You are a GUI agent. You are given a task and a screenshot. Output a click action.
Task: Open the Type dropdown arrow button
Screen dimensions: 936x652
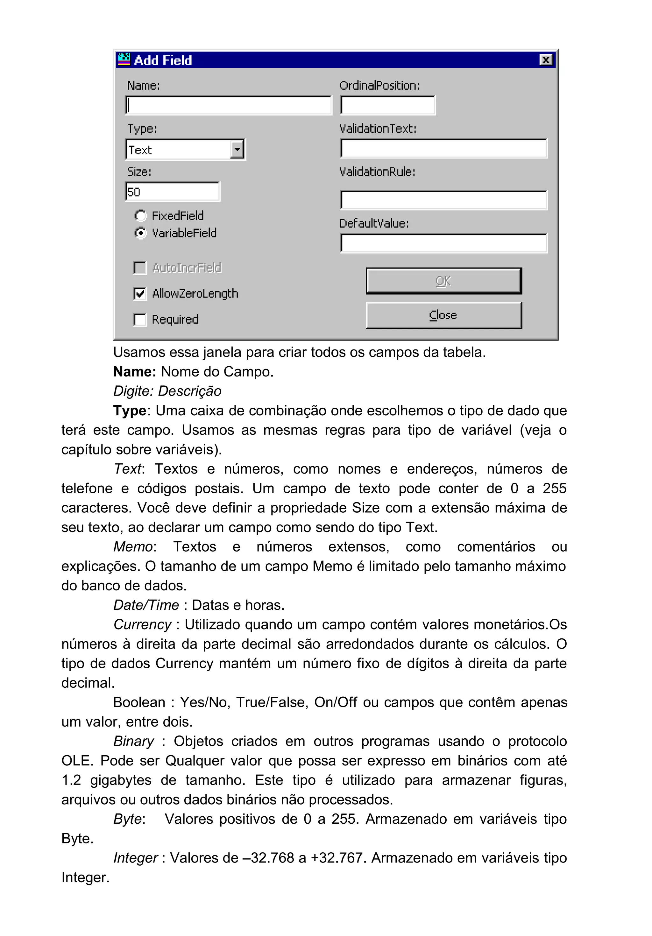coord(237,149)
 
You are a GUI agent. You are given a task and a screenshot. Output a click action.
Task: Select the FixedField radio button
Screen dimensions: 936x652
coord(141,216)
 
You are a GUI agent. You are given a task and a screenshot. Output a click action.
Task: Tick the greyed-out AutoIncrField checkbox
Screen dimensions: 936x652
coord(140,268)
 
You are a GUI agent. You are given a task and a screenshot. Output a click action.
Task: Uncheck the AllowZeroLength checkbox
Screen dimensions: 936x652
coord(140,293)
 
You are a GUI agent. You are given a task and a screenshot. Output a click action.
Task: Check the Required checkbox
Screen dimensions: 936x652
coord(140,319)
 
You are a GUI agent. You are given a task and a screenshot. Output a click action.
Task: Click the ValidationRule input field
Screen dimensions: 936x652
coord(444,200)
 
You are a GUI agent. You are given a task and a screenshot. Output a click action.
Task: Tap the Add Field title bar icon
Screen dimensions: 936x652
coord(124,60)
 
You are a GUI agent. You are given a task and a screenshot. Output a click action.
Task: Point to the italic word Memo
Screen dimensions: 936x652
coord(133,547)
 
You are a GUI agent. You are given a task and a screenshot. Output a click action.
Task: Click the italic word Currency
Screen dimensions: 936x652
coord(142,624)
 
